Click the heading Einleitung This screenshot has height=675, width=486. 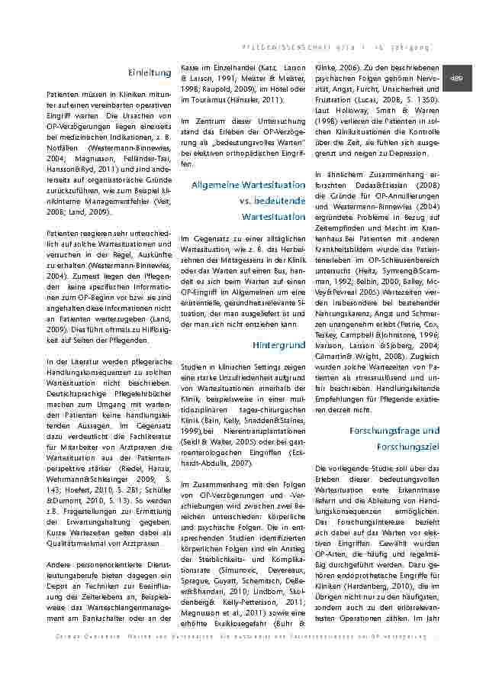[150, 73]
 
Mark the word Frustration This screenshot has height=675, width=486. [336, 99]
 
